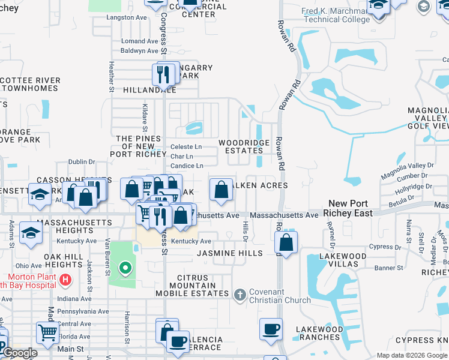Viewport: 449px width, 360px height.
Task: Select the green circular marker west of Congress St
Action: (x=125, y=268)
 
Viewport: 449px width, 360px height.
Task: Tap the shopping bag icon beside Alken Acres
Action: (x=221, y=189)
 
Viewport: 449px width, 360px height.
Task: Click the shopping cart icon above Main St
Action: (x=47, y=332)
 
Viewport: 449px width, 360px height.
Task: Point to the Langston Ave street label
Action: (x=126, y=18)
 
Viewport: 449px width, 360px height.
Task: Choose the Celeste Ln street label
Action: (x=186, y=147)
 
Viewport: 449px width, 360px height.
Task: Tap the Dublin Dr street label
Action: (x=82, y=162)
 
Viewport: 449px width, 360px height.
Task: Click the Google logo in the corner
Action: (x=20, y=353)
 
